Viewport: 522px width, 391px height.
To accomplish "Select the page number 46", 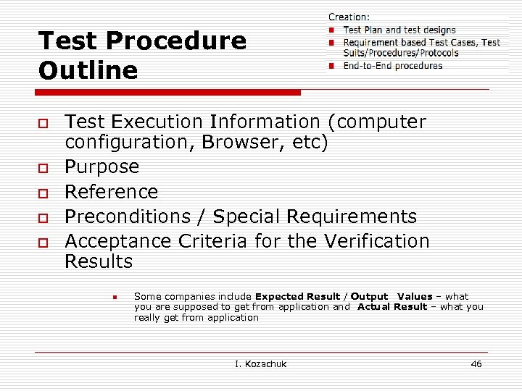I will [476, 363].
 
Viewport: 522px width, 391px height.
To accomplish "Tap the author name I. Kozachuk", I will [261, 363].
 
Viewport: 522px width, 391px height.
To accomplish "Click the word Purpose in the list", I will [101, 167].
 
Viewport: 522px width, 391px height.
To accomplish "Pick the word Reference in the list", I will [111, 191].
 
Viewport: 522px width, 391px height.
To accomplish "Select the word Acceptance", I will [120, 240].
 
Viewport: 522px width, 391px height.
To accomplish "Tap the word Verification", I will [377, 240].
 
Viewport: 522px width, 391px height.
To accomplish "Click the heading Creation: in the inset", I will [349, 17].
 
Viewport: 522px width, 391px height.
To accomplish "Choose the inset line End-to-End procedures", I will [392, 66].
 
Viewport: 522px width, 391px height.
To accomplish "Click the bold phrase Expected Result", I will [297, 296].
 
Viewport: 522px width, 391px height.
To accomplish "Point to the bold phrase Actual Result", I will [391, 306].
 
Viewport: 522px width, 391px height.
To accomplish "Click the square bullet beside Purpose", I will [44, 168].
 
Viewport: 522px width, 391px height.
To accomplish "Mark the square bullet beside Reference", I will [44, 193].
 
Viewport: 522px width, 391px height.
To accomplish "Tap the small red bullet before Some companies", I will [115, 297].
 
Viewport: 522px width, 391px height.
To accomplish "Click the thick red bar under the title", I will [167, 93].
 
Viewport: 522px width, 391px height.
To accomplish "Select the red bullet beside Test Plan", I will [331, 30].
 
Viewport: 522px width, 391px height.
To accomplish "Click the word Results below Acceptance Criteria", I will [99, 261].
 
